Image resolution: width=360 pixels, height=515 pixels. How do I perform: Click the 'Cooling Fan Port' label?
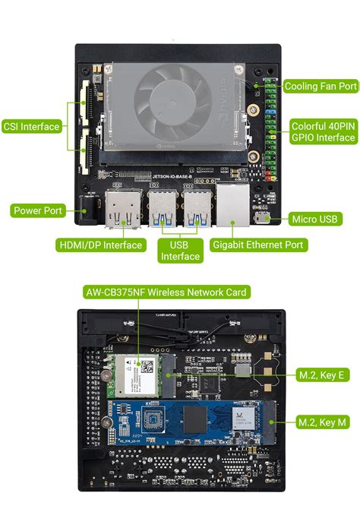[320, 87]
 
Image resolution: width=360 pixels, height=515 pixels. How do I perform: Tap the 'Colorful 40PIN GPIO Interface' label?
[323, 131]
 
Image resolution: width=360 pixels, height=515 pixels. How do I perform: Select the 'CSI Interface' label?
[31, 127]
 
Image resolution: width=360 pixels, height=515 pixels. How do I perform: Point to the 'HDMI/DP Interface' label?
[101, 245]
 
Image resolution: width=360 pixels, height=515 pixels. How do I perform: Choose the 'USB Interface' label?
[180, 251]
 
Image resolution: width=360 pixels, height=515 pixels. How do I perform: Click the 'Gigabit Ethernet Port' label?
[258, 245]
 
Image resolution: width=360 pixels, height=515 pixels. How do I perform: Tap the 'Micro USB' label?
[317, 220]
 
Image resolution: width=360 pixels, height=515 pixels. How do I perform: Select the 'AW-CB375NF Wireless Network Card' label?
[166, 292]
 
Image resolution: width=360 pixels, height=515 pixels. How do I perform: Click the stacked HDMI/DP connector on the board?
[122, 208]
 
